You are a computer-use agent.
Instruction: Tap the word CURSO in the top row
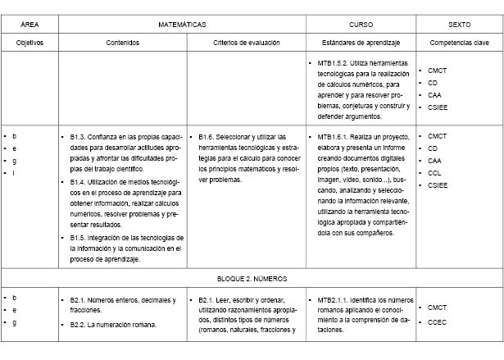pyautogui.click(x=361, y=25)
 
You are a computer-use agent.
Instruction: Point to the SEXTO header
pyautogui.click(x=459, y=25)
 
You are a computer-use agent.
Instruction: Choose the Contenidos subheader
pyautogui.click(x=122, y=42)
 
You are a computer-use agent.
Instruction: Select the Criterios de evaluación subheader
pyautogui.click(x=247, y=42)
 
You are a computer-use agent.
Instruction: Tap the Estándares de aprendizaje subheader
pyautogui.click(x=361, y=42)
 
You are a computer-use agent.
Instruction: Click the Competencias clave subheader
pyautogui.click(x=459, y=42)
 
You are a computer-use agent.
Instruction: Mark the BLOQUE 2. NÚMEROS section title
pyautogui.click(x=252, y=279)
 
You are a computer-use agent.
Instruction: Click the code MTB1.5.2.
pyautogui.click(x=336, y=62)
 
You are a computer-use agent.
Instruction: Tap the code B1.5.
pyautogui.click(x=79, y=236)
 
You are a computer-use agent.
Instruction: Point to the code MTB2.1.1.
pyautogui.click(x=336, y=300)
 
